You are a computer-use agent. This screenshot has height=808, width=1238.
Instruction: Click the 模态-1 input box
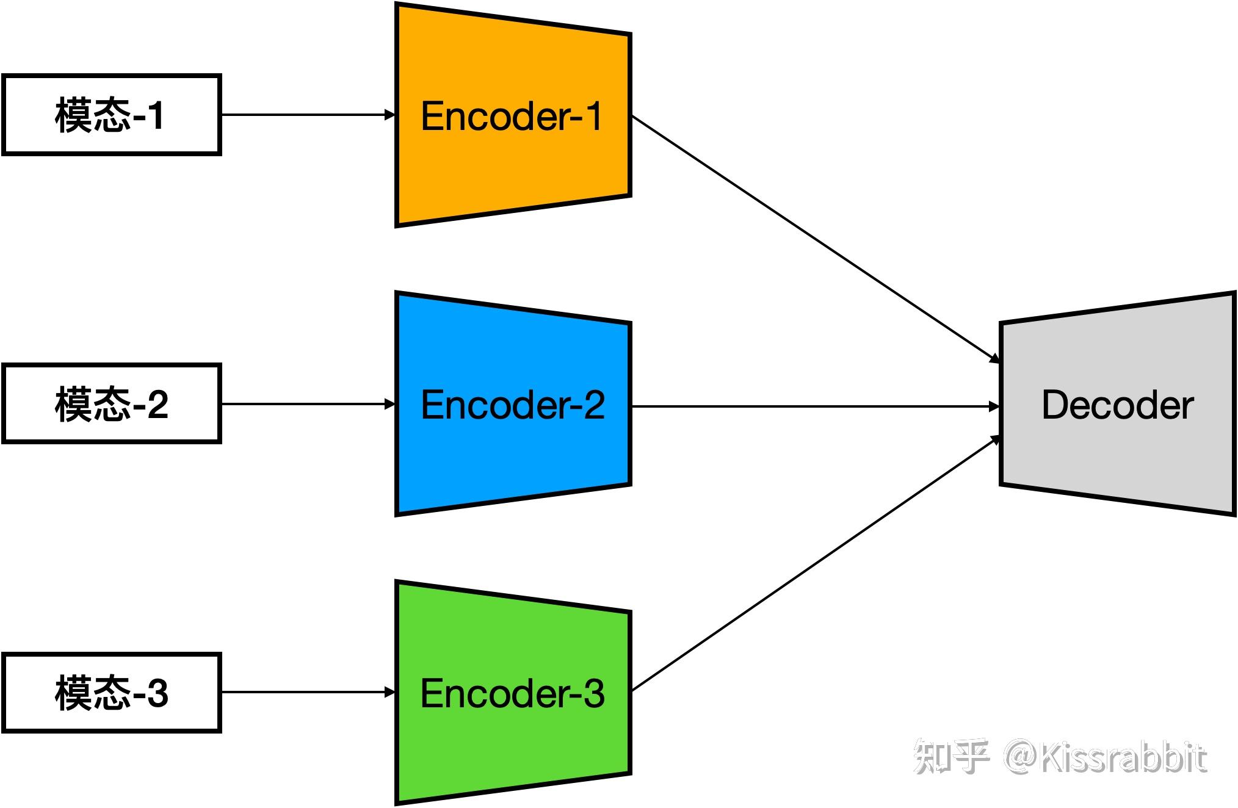click(x=111, y=115)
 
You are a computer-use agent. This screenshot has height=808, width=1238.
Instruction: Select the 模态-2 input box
click(x=111, y=403)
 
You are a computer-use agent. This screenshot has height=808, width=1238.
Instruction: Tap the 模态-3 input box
click(x=111, y=692)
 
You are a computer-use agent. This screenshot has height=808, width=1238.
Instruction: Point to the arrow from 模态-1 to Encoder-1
click(x=308, y=115)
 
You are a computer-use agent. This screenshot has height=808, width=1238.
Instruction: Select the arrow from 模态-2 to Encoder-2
click(x=308, y=403)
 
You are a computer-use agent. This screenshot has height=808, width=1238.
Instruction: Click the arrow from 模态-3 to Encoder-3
click(x=308, y=692)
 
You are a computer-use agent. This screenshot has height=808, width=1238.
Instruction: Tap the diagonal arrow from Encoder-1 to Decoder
click(x=816, y=239)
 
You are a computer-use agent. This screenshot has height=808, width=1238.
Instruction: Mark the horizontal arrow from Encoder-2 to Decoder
click(x=816, y=406)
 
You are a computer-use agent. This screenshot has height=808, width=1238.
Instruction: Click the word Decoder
click(x=1118, y=405)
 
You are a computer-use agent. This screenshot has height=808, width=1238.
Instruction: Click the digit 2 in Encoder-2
click(x=594, y=404)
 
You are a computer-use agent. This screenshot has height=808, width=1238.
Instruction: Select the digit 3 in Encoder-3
click(x=594, y=693)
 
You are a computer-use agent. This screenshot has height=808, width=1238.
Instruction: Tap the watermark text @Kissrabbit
click(x=1106, y=758)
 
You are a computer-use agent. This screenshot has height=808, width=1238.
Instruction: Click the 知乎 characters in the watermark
click(x=951, y=757)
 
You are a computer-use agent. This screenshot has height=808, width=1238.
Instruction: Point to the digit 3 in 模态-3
click(x=157, y=693)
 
